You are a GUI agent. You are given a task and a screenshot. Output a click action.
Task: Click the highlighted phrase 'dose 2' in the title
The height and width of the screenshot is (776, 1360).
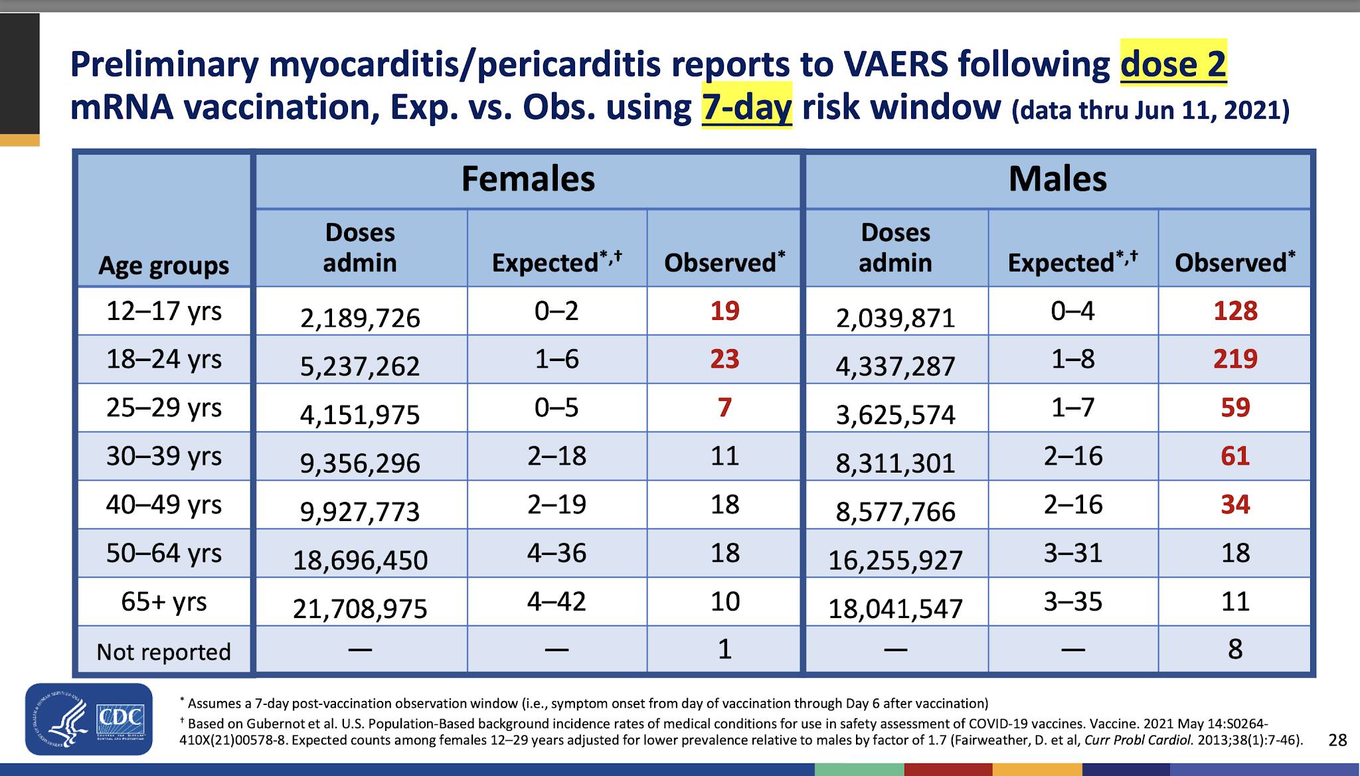click(1173, 64)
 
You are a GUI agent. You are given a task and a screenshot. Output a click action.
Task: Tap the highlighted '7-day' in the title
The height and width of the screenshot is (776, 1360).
click(747, 106)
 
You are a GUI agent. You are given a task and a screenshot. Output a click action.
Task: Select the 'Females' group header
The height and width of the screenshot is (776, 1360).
click(528, 179)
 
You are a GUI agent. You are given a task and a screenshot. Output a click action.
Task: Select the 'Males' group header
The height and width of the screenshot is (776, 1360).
click(1058, 179)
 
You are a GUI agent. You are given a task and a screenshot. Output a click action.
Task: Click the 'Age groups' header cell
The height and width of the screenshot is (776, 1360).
click(163, 266)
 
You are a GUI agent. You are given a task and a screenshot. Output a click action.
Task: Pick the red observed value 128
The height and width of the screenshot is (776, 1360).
click(1235, 311)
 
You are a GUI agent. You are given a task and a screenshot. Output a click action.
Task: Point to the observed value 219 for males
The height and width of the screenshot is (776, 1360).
click(1235, 359)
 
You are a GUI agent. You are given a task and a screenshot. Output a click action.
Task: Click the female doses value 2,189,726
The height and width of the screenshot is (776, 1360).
click(360, 318)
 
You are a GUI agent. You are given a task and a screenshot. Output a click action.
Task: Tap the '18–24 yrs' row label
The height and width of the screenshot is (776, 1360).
click(164, 359)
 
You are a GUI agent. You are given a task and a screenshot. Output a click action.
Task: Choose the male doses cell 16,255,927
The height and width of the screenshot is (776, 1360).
click(895, 560)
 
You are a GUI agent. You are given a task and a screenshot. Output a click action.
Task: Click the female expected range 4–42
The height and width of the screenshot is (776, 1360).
click(556, 601)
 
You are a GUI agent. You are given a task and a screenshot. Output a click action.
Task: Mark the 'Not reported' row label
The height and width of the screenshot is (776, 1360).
click(164, 652)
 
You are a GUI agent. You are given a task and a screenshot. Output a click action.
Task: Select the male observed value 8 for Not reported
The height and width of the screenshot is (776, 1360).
click(1235, 649)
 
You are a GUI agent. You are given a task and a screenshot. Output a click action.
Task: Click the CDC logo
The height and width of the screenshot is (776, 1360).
click(89, 719)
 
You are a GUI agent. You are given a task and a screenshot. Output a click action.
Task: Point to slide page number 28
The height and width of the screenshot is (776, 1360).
click(1337, 739)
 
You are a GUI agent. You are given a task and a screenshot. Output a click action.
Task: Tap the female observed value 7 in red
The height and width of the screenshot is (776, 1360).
click(724, 408)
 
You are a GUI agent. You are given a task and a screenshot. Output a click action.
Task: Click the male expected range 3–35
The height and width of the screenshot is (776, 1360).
click(1072, 601)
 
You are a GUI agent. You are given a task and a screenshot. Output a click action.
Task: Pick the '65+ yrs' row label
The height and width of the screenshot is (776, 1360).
click(164, 601)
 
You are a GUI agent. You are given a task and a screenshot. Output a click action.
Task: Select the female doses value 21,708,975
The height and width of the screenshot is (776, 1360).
click(360, 609)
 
